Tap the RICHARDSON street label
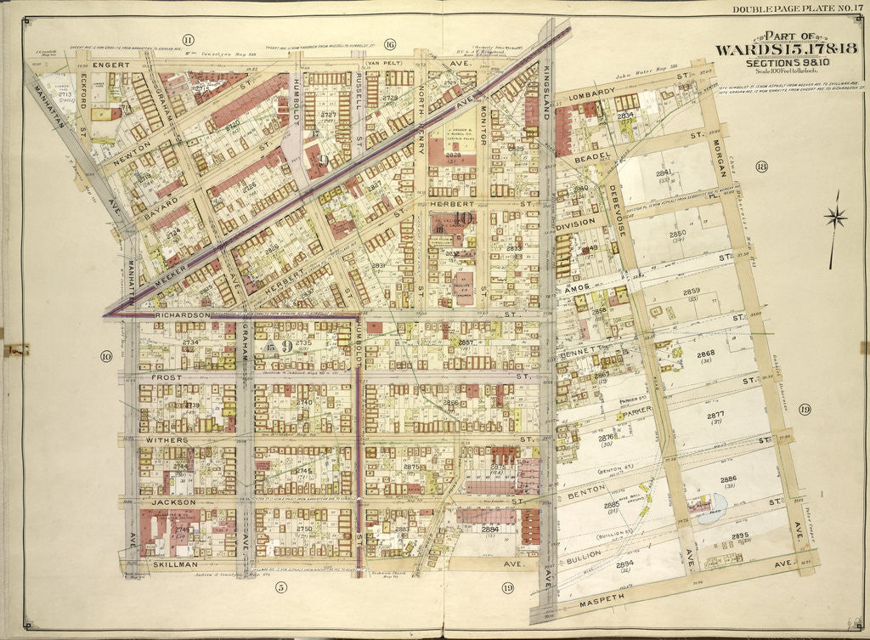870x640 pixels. tap(182, 314)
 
